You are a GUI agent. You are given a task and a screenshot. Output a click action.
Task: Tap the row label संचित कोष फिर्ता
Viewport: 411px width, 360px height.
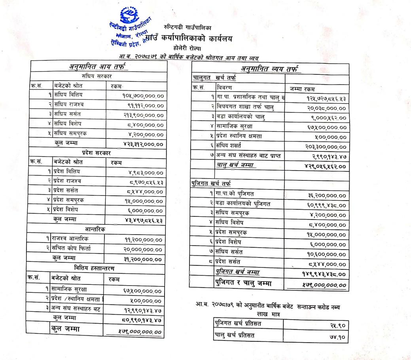pyautogui.click(x=72, y=249)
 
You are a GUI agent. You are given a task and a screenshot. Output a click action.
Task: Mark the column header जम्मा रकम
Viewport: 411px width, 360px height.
pyautogui.click(x=303, y=89)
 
